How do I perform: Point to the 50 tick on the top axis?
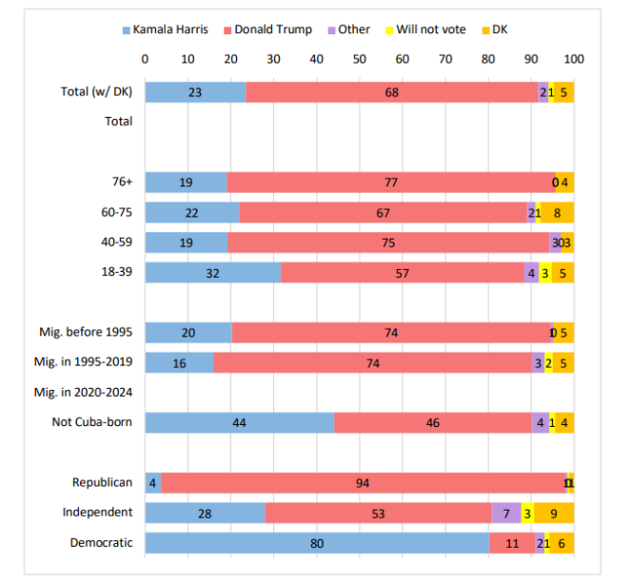[x=359, y=58]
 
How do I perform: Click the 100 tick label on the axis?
[x=573, y=58]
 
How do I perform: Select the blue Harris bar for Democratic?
[x=317, y=543]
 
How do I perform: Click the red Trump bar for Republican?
[x=364, y=483]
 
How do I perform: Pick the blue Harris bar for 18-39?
[x=213, y=272]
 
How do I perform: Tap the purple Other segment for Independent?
[x=506, y=513]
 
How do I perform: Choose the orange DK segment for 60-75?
[x=557, y=212]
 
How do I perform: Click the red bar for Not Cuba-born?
[x=433, y=423]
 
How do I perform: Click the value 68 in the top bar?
[x=391, y=92]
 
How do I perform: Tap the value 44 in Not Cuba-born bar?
[x=239, y=423]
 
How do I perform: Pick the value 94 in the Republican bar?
[x=363, y=483]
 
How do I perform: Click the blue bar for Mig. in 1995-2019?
[x=179, y=363]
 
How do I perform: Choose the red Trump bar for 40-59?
[x=388, y=242]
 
